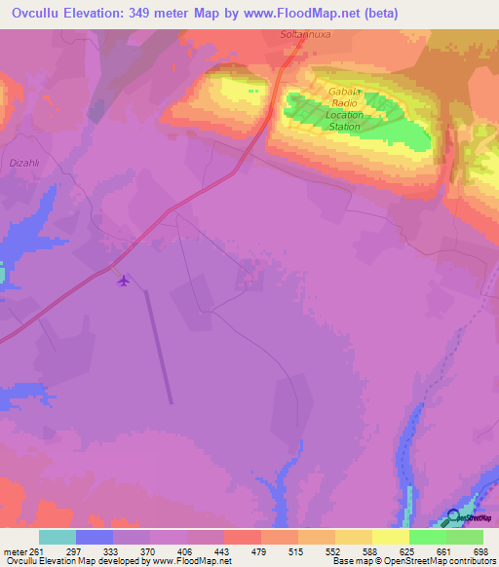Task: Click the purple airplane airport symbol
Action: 123,282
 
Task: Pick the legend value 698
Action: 480,551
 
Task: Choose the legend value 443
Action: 222,551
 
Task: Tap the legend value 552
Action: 332,551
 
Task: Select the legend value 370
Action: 148,551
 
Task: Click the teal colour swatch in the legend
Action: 58,537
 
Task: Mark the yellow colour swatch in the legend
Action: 391,537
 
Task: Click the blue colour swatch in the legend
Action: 95,537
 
